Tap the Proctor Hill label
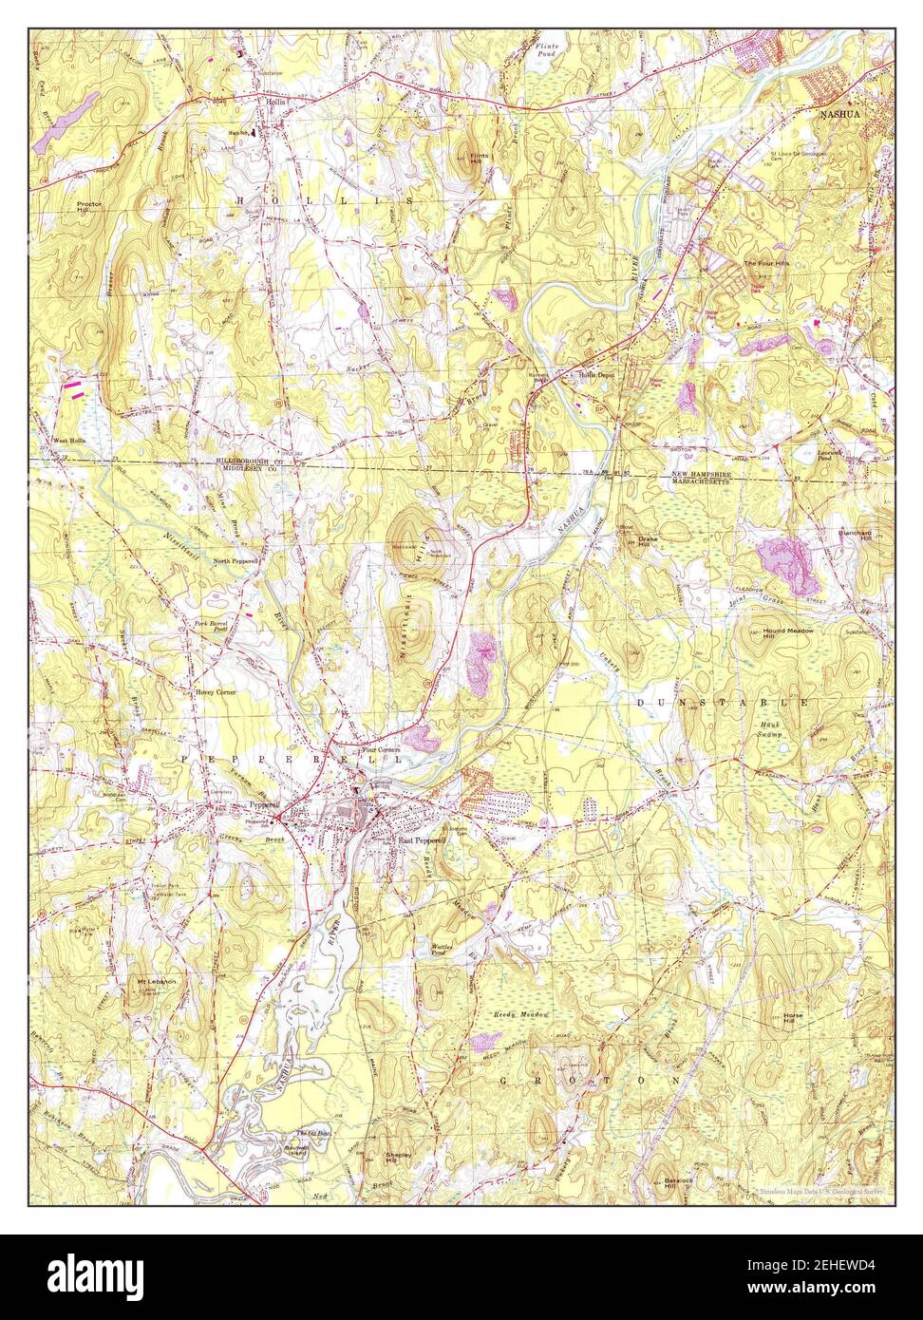(x=91, y=208)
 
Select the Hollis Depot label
(x=598, y=375)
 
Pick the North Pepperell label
(x=236, y=561)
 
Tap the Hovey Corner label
(x=216, y=693)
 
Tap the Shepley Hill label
(x=397, y=1158)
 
